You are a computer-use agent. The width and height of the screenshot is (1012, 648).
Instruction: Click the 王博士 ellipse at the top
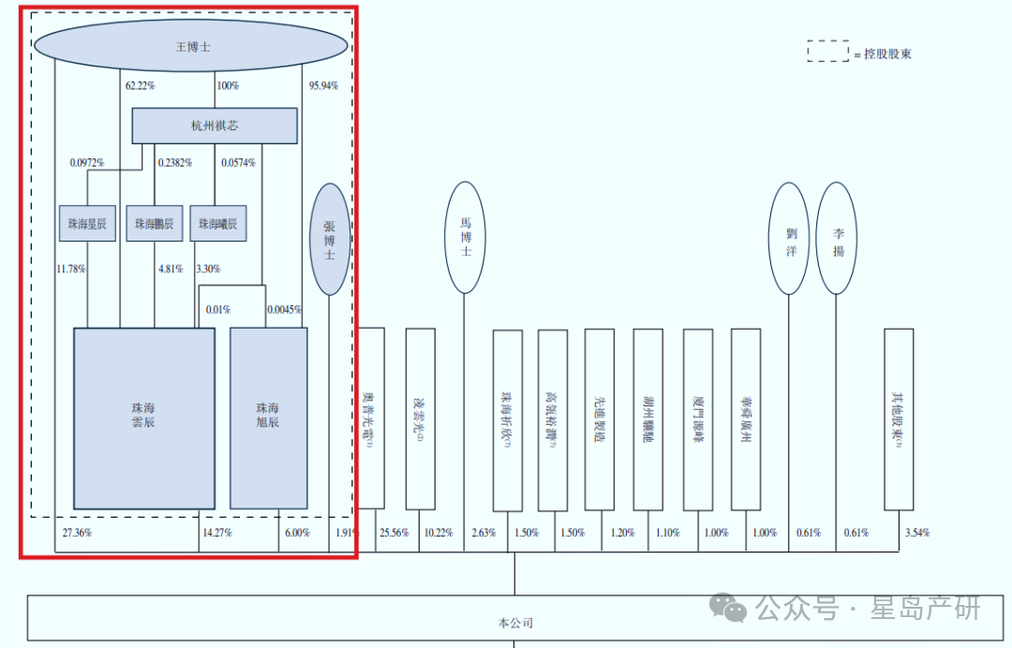[191, 45]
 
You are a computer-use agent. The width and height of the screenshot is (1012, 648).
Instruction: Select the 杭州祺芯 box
[214, 125]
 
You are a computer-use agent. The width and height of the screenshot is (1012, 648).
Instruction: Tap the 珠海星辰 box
[87, 224]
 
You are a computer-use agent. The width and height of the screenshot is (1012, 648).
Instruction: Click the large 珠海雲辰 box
[144, 418]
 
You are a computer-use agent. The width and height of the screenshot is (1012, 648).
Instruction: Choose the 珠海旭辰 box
[268, 418]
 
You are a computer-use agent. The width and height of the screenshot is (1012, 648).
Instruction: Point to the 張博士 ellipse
[329, 239]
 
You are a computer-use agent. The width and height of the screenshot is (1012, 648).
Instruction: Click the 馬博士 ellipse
[466, 238]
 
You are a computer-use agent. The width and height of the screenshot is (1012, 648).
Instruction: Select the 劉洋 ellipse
[789, 238]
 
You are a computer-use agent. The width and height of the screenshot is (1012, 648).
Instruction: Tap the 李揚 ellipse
[836, 238]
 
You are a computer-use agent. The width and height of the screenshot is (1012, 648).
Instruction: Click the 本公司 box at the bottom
[513, 622]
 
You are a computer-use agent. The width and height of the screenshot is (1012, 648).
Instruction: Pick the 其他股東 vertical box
[898, 419]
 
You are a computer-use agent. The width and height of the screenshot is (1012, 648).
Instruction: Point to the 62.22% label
[141, 86]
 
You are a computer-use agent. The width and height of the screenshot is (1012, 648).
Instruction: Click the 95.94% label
[323, 86]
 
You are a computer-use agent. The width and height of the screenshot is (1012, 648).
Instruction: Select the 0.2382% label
[174, 163]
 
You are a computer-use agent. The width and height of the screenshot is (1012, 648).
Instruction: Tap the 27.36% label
[77, 533]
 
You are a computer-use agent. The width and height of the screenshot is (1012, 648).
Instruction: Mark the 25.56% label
[394, 533]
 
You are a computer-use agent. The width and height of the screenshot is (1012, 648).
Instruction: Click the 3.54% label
[916, 533]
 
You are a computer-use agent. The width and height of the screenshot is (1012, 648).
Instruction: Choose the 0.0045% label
[284, 310]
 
